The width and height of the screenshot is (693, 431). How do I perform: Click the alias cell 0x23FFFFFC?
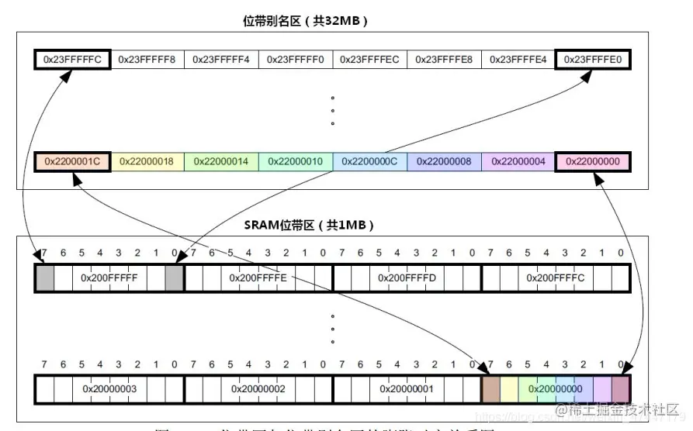coord(71,59)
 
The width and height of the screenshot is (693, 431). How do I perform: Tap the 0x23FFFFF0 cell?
coord(296,59)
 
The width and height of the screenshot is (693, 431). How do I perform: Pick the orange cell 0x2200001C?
coord(71,161)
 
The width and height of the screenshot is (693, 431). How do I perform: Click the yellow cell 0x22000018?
coord(147,161)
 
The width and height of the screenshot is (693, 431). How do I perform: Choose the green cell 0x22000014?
coord(221,161)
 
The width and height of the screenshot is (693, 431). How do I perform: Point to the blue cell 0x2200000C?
coord(370,161)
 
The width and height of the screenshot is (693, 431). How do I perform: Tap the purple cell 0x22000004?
coord(518,161)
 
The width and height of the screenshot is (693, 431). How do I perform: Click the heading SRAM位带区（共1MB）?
coord(310,225)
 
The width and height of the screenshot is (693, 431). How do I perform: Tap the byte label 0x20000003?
coord(109,388)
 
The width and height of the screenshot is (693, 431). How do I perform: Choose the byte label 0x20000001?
coord(407,388)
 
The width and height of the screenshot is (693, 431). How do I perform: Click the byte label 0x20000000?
coord(556,388)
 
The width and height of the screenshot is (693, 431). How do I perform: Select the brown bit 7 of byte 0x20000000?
coord(490,388)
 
